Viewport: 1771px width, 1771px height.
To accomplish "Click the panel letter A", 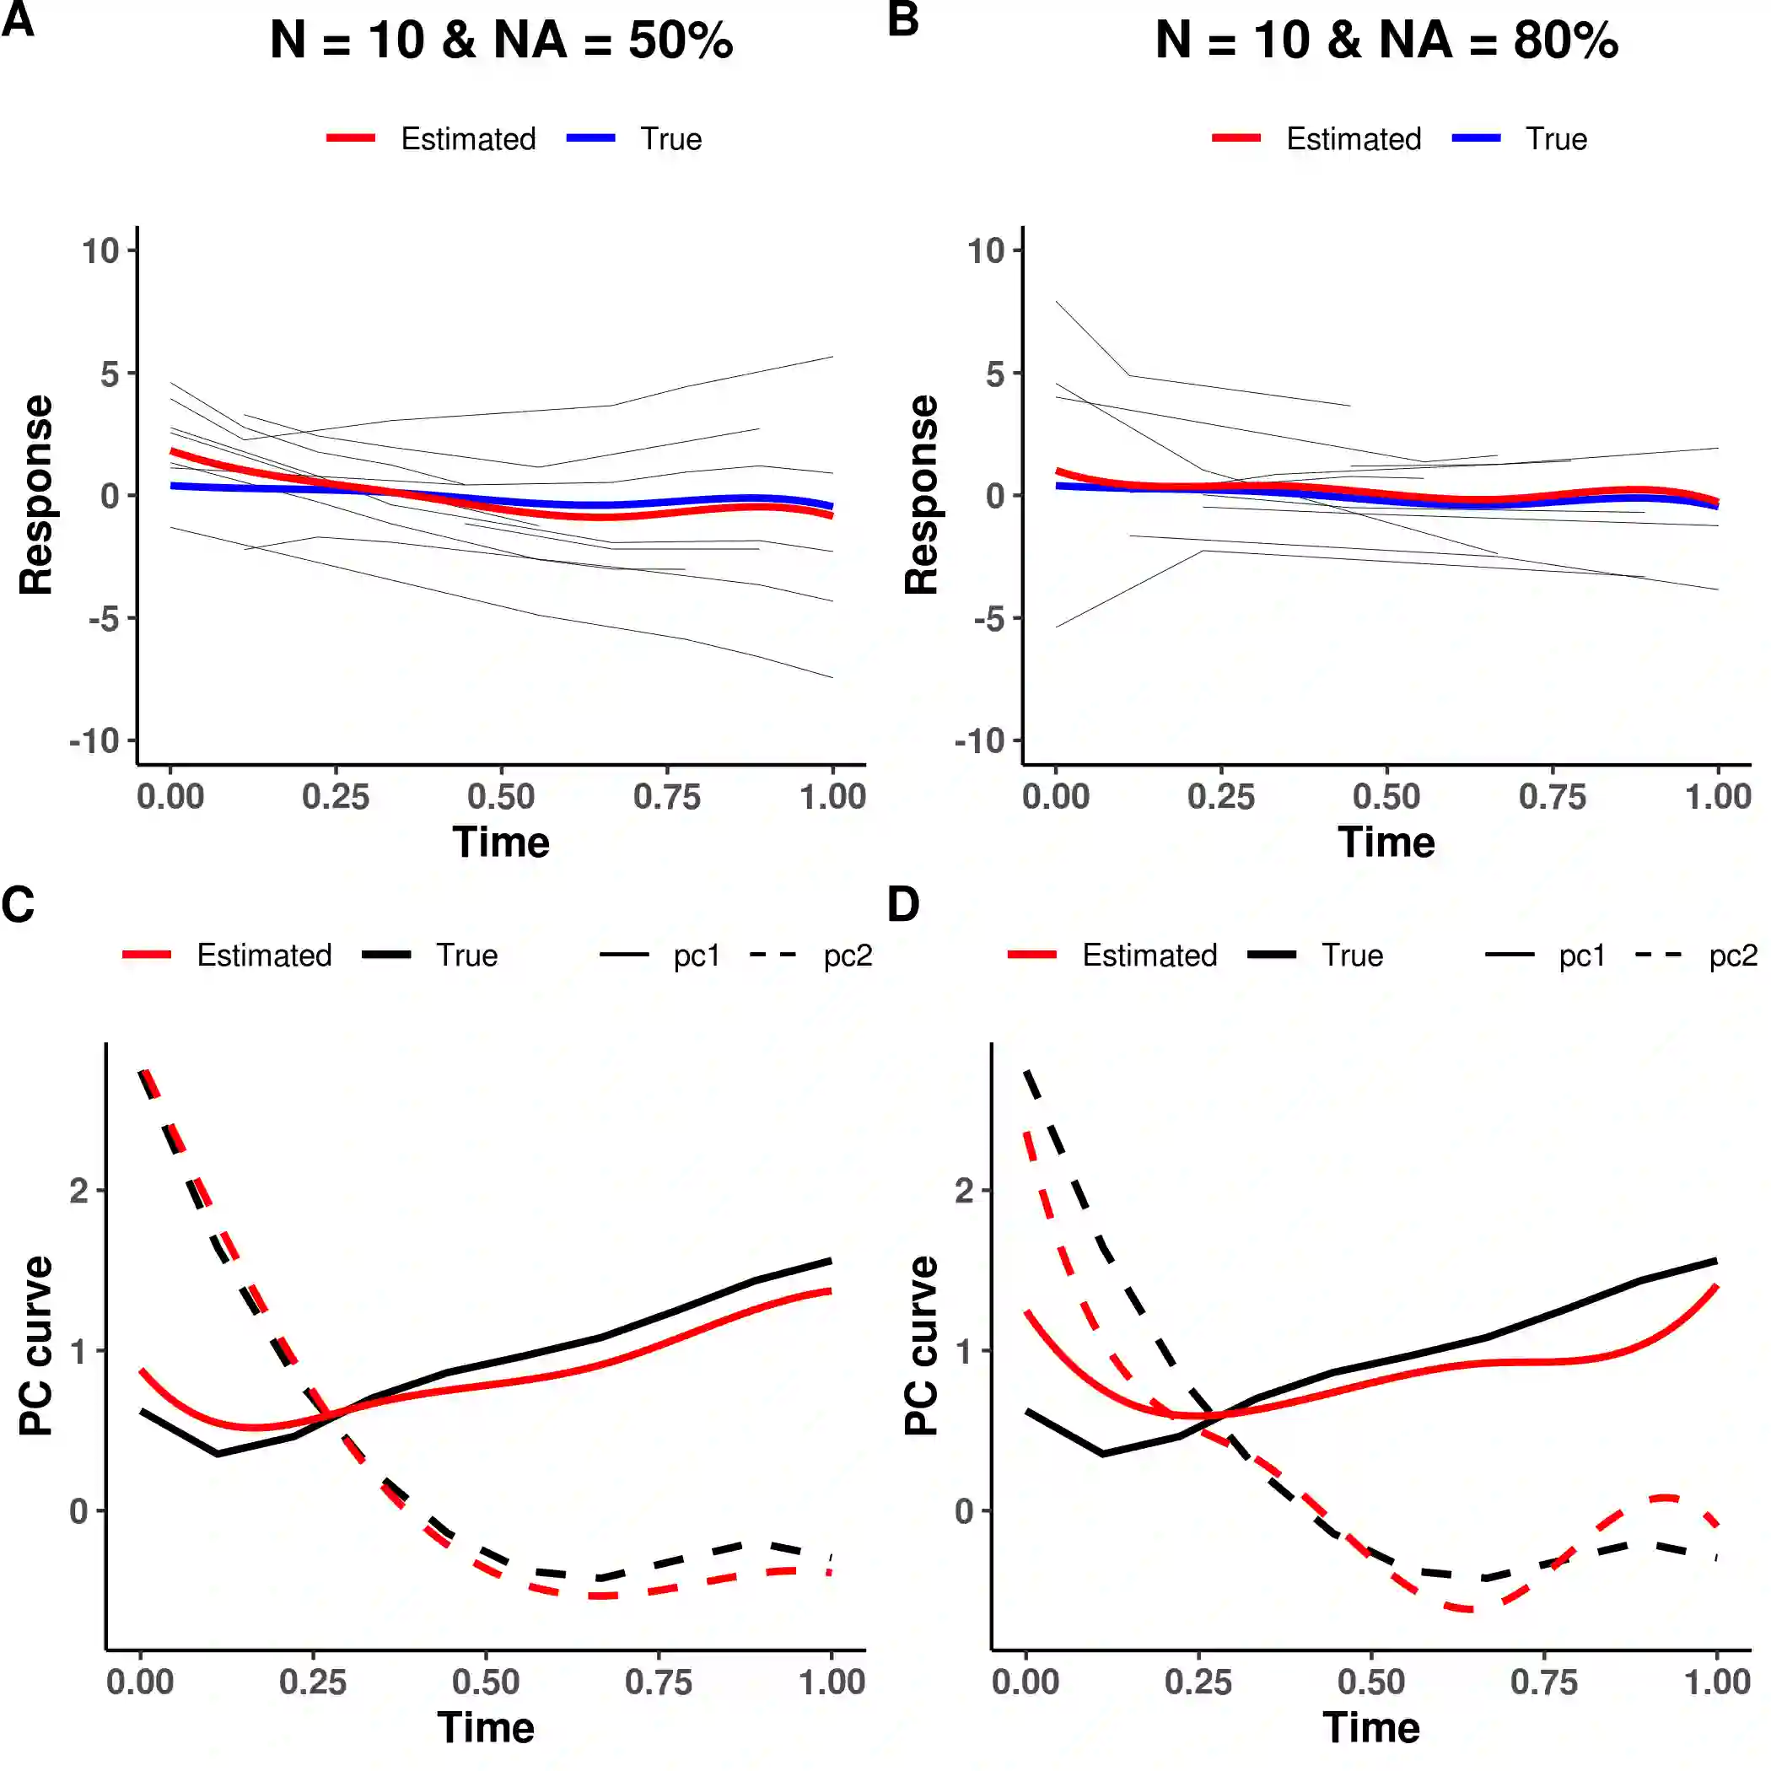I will coord(19,20).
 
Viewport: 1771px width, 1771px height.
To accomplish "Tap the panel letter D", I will coord(903,905).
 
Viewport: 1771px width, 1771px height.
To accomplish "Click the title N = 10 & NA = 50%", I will coord(502,41).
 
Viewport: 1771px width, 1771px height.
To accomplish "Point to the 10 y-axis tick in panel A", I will coord(101,250).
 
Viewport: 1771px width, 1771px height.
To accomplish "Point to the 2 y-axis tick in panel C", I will coord(80,1191).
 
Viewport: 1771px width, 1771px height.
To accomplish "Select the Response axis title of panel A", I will coord(36,495).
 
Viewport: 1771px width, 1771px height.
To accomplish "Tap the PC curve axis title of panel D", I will coord(921,1345).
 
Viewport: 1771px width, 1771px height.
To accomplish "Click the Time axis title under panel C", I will coord(486,1728).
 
